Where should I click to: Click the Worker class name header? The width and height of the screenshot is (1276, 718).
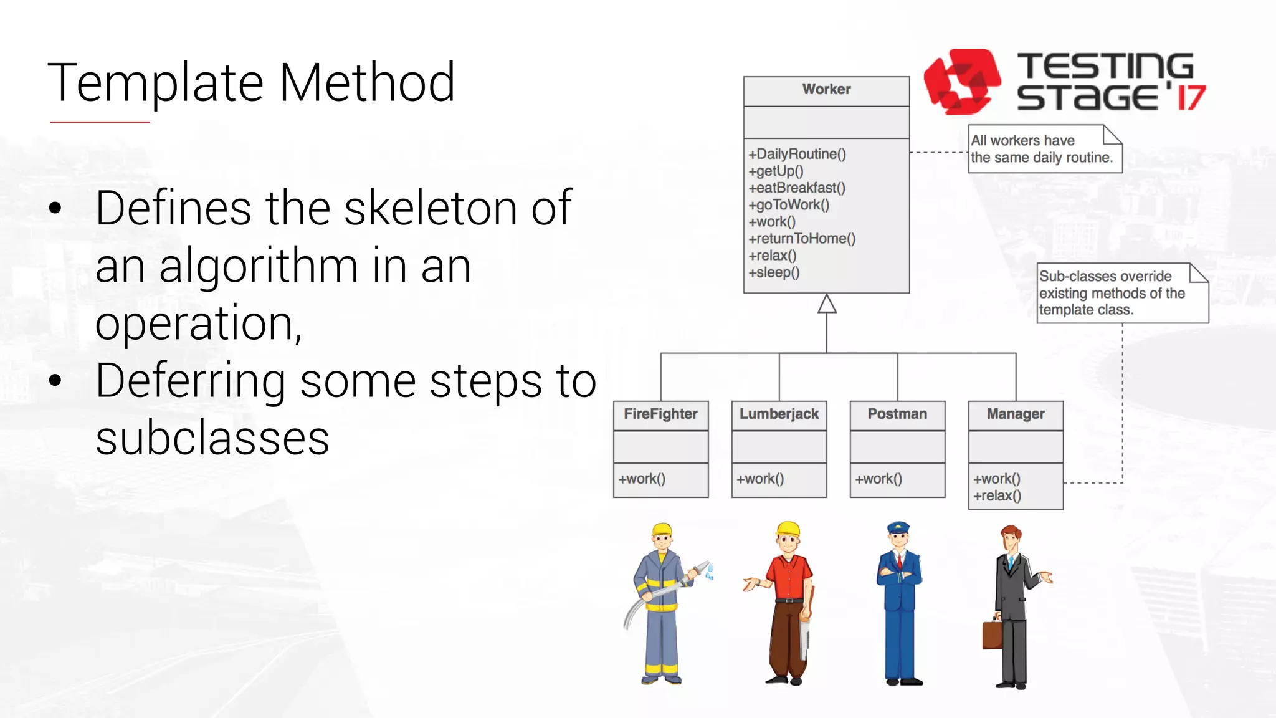pos(826,90)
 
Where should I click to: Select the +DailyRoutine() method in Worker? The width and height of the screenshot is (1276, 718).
pos(797,154)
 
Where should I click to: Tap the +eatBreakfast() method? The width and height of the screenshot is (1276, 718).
pos(797,188)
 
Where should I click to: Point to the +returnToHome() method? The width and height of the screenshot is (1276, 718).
pos(802,239)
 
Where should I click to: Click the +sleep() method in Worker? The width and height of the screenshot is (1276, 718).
pos(774,272)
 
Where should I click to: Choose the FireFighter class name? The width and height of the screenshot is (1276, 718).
pos(660,414)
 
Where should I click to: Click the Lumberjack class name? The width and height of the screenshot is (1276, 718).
pos(779,414)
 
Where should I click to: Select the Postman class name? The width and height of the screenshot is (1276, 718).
pos(897,414)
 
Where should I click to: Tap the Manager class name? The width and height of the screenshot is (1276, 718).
pos(1016,414)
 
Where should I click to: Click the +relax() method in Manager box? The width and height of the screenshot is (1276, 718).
pos(997,496)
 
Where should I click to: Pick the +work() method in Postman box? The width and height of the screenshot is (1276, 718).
pos(878,479)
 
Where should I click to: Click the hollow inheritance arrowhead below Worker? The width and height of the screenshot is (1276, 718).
pos(827,304)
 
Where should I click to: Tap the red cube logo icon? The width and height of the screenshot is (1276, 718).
pos(961,82)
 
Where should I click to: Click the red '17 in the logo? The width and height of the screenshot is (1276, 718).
pos(1190,97)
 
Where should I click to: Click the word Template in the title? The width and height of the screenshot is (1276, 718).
pos(156,83)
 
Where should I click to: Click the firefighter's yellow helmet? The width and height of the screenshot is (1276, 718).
pos(662,530)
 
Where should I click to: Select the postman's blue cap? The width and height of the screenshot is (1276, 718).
pos(898,529)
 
